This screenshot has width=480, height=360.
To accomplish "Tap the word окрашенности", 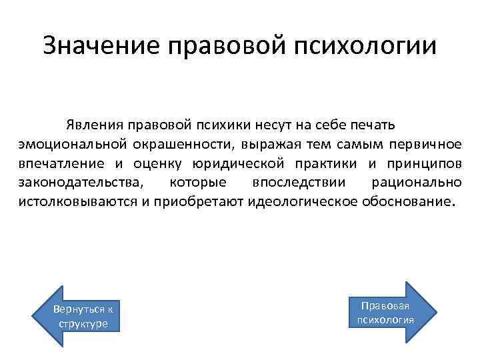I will click(x=170, y=144).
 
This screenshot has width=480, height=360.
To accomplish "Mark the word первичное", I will click(x=424, y=144).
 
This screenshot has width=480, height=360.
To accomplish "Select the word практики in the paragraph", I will click(x=323, y=163).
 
